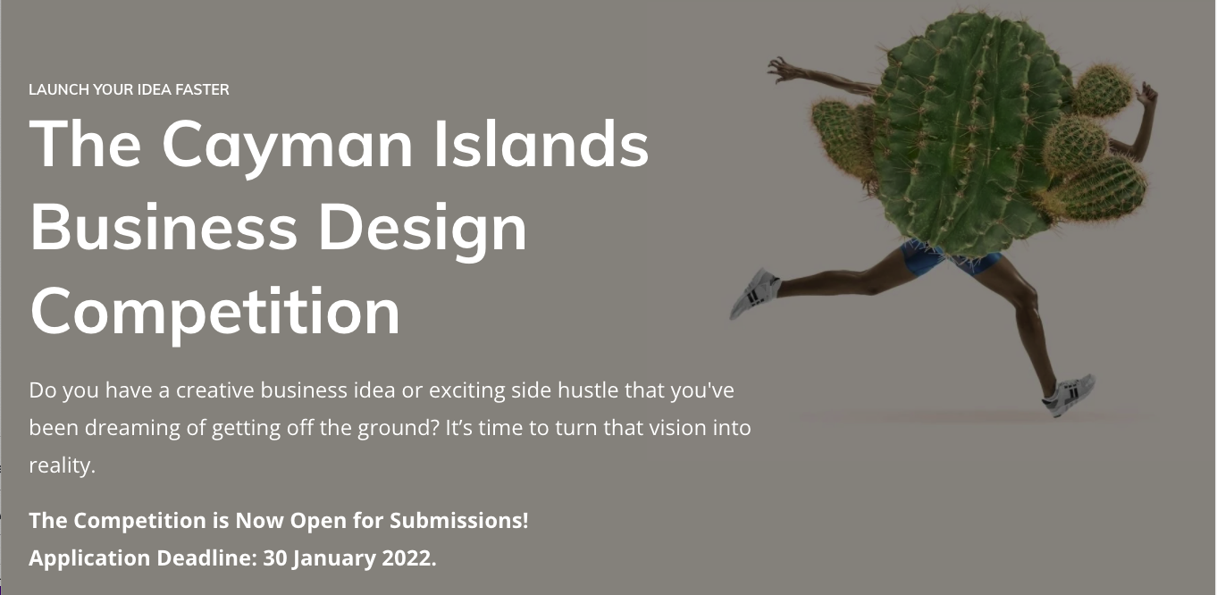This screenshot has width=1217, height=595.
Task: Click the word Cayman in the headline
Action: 288,146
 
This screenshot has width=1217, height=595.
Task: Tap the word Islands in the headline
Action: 541,142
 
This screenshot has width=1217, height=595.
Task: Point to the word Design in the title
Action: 422,230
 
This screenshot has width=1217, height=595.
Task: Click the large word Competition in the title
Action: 215,314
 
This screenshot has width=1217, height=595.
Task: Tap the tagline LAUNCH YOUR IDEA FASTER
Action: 129,89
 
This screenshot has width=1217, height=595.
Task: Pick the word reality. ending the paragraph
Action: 62,466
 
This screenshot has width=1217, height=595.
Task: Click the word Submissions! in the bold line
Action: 458,521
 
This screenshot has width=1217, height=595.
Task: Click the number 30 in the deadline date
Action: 275,558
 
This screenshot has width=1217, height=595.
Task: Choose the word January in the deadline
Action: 334,559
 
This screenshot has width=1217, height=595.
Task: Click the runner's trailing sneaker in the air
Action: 755,293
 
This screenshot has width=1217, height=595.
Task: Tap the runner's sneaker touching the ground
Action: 1069,396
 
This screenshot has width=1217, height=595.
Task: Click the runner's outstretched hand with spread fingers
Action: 783,70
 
